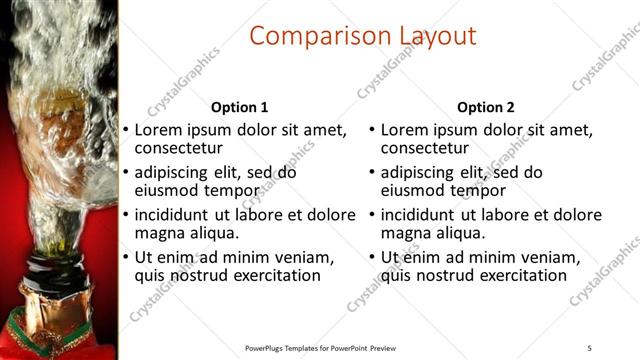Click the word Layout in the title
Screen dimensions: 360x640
click(x=426, y=37)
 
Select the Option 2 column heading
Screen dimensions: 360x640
click(x=486, y=107)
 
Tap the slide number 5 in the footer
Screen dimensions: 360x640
click(x=590, y=347)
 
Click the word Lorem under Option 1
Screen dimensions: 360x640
click(x=159, y=129)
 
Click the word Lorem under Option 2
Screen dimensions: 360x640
click(x=405, y=129)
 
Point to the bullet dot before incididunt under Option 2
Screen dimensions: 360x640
click(x=371, y=215)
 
